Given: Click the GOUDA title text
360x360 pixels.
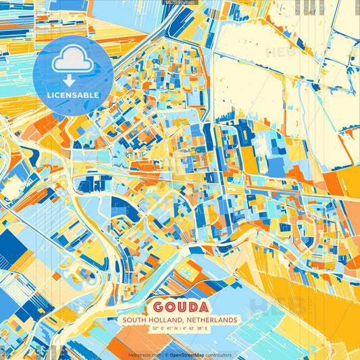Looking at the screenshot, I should pyautogui.click(x=179, y=305).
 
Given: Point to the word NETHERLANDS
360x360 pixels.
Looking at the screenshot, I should pyautogui.click(x=209, y=319).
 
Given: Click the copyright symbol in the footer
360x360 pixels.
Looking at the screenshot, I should pyautogui.click(x=165, y=355).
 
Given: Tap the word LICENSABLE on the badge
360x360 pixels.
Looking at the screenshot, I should pyautogui.click(x=74, y=95).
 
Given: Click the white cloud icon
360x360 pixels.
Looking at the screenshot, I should pyautogui.click(x=73, y=62).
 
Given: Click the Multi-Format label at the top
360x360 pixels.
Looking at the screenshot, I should pyautogui.click(x=180, y=3).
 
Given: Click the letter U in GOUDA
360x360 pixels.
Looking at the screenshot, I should pyautogui.click(x=179, y=305).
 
